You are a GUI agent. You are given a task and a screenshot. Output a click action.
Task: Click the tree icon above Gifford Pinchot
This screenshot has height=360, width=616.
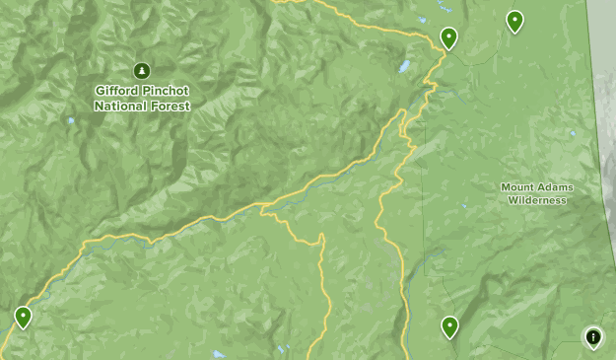click(x=142, y=70)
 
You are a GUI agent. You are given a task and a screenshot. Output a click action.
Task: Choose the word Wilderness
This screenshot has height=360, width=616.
click(x=537, y=200)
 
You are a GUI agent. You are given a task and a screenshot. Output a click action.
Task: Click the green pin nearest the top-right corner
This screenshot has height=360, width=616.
click(x=513, y=20)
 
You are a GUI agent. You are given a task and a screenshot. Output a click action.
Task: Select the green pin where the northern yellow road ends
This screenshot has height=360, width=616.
click(x=448, y=37)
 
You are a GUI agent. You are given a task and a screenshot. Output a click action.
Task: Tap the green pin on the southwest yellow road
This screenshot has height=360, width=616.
click(x=23, y=316)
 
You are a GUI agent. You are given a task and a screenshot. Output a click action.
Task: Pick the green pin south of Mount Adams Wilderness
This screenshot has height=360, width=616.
click(x=449, y=325)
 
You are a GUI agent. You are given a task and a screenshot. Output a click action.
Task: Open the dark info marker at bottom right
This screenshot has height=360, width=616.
click(x=593, y=337)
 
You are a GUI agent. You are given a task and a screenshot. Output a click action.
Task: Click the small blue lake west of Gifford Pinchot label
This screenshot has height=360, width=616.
click(x=70, y=121)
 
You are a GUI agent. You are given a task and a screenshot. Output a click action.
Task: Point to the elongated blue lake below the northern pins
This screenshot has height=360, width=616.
click(x=403, y=68)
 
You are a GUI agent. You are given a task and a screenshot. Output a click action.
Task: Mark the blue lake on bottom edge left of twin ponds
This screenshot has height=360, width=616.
click(x=218, y=354)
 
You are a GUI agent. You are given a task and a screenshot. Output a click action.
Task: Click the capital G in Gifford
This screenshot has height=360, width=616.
click(x=100, y=90)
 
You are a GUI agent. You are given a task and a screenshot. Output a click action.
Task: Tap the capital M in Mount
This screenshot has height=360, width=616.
click(x=505, y=187)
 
